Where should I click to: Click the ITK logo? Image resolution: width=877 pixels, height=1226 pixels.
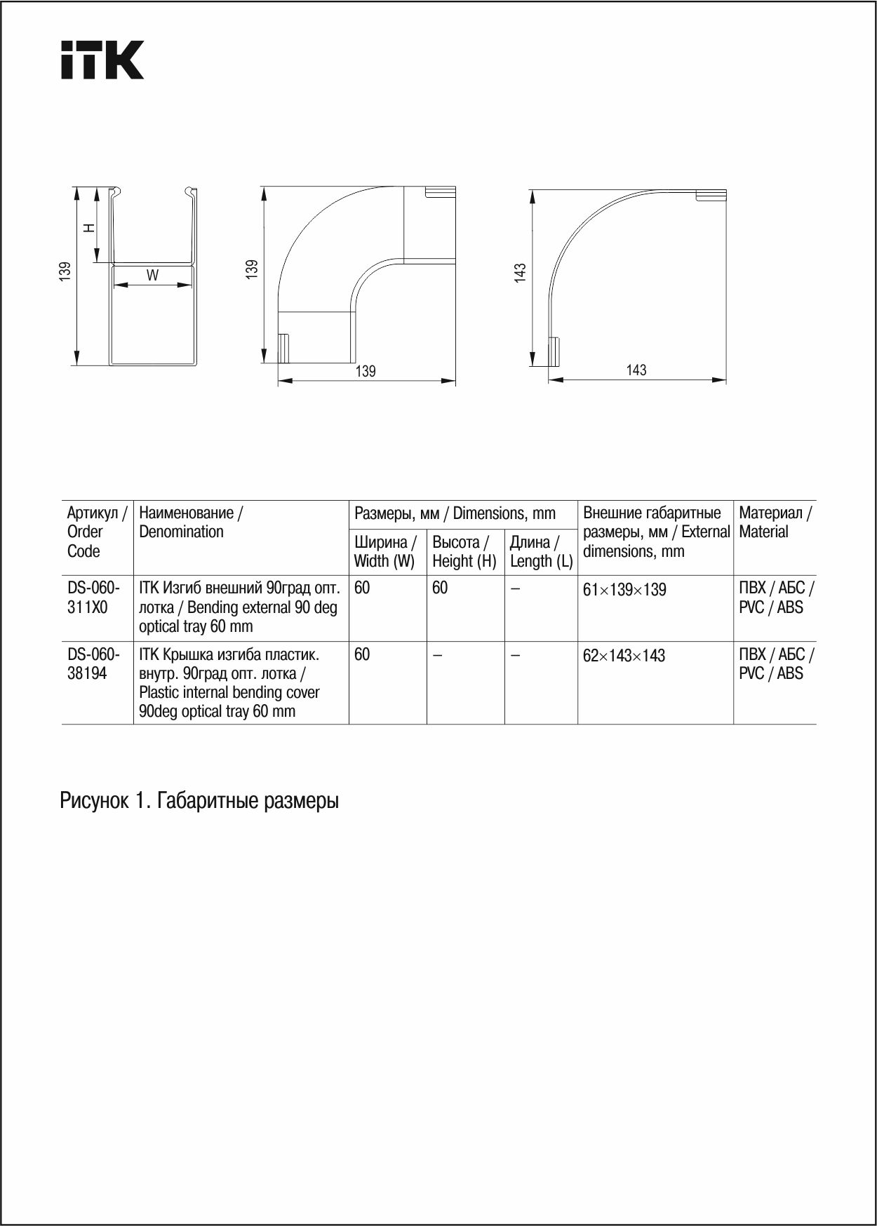(x=102, y=60)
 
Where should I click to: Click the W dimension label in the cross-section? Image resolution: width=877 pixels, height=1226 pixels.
(x=152, y=276)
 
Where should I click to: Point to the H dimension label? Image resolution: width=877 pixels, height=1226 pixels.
(x=89, y=227)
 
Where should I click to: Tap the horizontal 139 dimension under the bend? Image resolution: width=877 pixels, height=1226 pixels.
(x=366, y=371)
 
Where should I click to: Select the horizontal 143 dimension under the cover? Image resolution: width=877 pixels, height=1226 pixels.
(x=636, y=370)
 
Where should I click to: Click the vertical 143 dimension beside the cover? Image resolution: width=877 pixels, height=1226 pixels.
(x=520, y=273)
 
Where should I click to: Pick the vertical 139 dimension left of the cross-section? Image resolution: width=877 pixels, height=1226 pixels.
(x=65, y=271)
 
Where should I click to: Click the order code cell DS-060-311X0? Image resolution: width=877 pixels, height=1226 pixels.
(x=93, y=598)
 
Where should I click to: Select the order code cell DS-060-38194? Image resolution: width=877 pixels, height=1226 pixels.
(x=93, y=663)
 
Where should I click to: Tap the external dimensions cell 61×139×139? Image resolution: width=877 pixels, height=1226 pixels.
(x=624, y=590)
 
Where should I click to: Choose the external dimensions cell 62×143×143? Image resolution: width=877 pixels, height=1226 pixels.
(x=624, y=656)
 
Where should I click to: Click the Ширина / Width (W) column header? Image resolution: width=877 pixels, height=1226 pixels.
(x=385, y=551)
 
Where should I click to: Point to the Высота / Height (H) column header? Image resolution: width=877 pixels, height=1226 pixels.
(x=464, y=551)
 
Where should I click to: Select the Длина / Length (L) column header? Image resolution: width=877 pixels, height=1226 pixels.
(x=541, y=551)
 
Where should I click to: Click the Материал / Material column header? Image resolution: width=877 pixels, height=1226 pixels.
(x=775, y=522)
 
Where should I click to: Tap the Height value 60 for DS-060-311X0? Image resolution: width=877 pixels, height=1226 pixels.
(x=440, y=588)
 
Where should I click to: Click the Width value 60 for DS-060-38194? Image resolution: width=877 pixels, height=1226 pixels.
(x=362, y=654)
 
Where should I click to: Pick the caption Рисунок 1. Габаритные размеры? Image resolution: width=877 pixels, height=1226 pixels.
(x=199, y=800)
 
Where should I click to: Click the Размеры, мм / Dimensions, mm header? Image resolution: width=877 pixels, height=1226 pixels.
(x=455, y=513)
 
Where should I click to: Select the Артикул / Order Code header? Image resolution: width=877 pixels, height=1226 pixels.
(x=96, y=532)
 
